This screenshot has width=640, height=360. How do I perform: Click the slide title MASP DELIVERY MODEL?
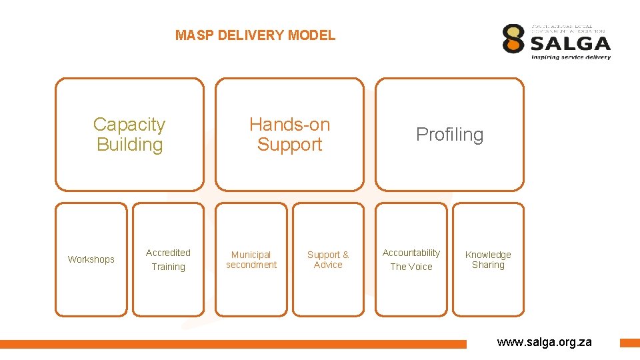(x=255, y=35)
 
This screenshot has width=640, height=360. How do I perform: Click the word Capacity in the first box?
(x=129, y=125)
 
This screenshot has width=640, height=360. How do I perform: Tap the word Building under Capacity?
(x=129, y=145)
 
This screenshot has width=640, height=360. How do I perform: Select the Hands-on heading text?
(x=289, y=125)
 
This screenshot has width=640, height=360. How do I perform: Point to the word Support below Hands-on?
(x=289, y=145)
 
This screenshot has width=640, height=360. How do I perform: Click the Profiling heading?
(x=449, y=135)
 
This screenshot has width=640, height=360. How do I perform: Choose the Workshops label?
(x=91, y=259)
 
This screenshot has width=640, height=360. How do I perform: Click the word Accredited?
(x=168, y=253)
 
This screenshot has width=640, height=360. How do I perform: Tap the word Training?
(x=168, y=267)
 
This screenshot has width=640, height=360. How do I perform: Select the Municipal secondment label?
(x=251, y=259)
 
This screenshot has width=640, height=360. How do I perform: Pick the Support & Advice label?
(x=328, y=259)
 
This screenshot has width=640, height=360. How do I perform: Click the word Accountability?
(x=411, y=253)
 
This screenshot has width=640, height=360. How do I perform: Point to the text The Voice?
(x=411, y=267)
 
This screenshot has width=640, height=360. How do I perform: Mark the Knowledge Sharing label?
(x=488, y=259)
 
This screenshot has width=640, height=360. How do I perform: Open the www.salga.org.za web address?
(x=544, y=342)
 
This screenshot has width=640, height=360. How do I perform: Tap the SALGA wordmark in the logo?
(x=570, y=43)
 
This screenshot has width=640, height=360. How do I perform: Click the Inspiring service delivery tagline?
(x=571, y=57)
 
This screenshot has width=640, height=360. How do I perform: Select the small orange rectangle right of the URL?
(x=629, y=343)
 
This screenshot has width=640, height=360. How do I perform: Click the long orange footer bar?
(x=233, y=344)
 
